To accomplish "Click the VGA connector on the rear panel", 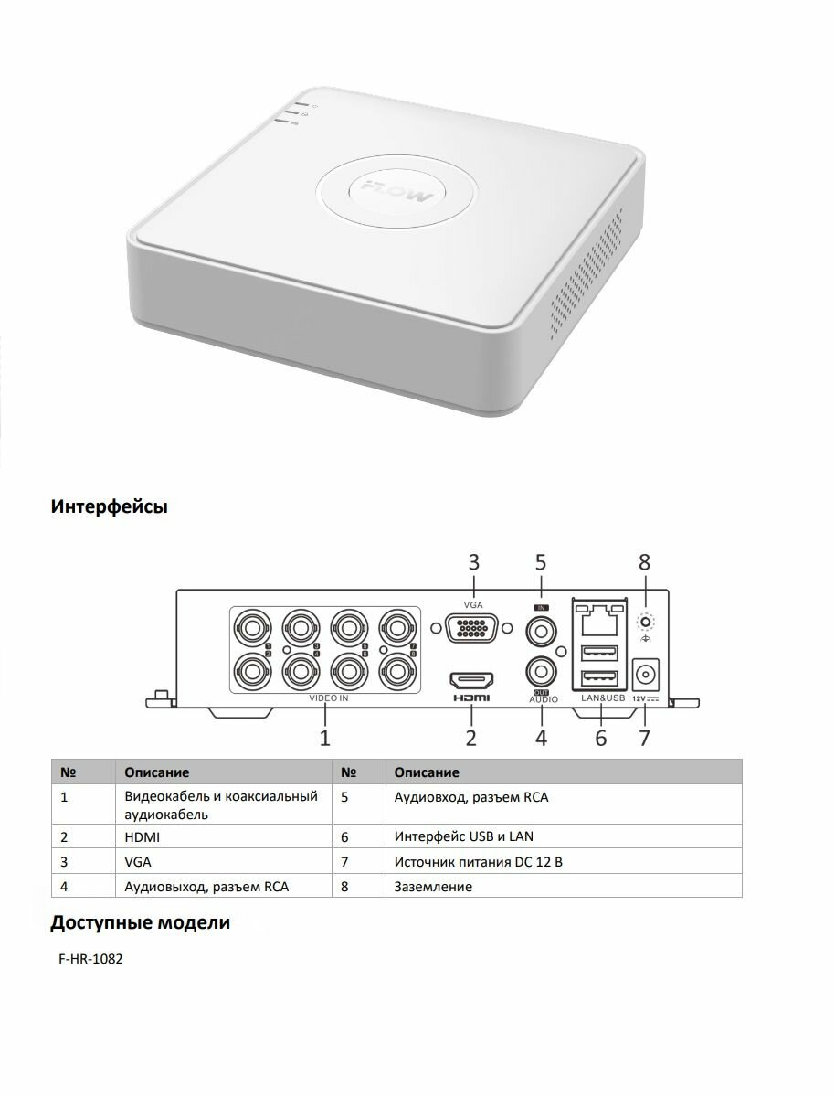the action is (470, 632).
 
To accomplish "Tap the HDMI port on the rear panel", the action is (470, 680).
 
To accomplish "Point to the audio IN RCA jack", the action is (541, 631).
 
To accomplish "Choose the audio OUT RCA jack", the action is (541, 672).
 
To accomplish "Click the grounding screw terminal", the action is (646, 623).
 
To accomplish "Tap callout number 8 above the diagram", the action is (645, 562).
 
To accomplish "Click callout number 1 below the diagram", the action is (324, 737).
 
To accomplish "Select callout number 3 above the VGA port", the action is (473, 562).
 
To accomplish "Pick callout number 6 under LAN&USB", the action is (600, 737).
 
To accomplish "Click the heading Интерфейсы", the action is (109, 506).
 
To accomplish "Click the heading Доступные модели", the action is (140, 922).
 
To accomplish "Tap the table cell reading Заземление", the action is (433, 887).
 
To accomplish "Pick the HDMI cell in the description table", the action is (143, 836).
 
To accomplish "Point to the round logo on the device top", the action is (396, 191).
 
